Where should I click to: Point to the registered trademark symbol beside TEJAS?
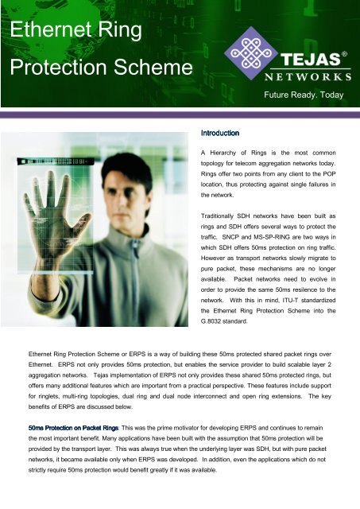point(344,56)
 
